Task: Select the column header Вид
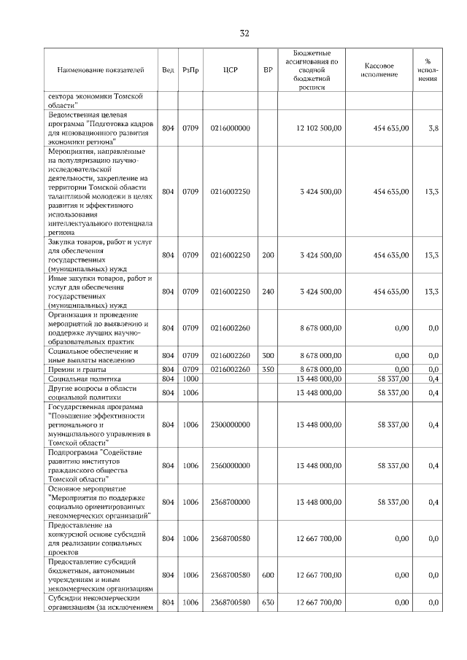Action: coord(168,70)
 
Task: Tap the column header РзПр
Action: coord(190,70)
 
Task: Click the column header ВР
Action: coord(268,70)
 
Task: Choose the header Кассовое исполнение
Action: coord(379,70)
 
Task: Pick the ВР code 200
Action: coord(268,255)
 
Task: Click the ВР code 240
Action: coord(268,291)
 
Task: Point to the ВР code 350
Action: coord(268,369)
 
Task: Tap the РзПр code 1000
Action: coord(190,379)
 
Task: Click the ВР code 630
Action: coord(268,602)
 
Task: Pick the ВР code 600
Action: coord(268,575)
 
